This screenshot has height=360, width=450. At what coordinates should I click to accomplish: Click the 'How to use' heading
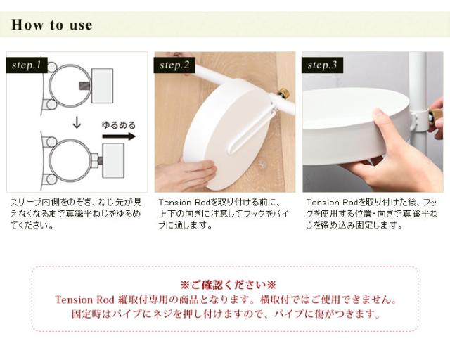[x=52, y=25]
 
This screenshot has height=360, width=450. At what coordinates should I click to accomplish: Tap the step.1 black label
[x=27, y=65]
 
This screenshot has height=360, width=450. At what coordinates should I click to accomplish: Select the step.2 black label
[x=174, y=65]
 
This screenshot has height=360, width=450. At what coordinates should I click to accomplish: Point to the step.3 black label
[x=322, y=65]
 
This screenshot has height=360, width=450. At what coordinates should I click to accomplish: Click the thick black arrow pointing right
[x=119, y=136]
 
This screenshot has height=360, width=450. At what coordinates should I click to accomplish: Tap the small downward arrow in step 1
[x=77, y=122]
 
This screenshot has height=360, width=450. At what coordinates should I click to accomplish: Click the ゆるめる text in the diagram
[x=119, y=125]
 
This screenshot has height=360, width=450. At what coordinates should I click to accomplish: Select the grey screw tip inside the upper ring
[x=84, y=86]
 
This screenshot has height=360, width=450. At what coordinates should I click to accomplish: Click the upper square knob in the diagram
[x=102, y=86]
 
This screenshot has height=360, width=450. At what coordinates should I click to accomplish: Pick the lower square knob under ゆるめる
[x=113, y=160]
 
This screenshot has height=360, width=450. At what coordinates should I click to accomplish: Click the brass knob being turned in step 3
[x=435, y=117]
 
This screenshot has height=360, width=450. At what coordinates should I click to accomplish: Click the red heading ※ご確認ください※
[x=228, y=285]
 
